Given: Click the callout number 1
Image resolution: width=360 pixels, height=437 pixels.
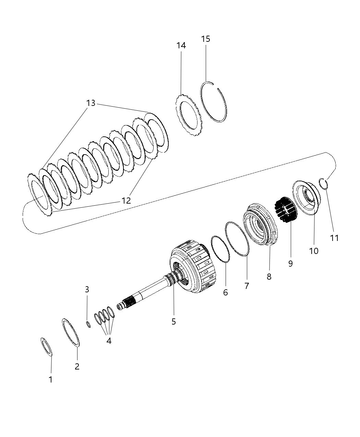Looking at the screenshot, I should click(50, 379).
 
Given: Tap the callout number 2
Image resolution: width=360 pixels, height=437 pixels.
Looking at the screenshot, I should click(77, 366).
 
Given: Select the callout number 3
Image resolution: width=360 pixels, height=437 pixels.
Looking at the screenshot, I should click(87, 289).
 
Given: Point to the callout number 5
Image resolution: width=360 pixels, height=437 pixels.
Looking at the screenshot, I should click(173, 321).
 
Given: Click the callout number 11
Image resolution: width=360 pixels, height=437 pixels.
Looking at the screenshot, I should click(334, 238).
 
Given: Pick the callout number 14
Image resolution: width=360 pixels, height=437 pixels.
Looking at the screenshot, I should click(181, 45).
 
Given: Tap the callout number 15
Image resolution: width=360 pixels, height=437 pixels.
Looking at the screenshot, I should click(205, 39).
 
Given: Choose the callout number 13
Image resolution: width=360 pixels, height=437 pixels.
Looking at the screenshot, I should click(91, 103).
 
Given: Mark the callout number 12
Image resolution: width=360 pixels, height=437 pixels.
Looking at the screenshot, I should click(126, 201).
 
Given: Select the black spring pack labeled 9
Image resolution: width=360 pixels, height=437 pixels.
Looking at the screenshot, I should click(285, 209).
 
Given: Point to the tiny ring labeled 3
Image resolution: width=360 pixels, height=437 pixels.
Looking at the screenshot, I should click(88, 324).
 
